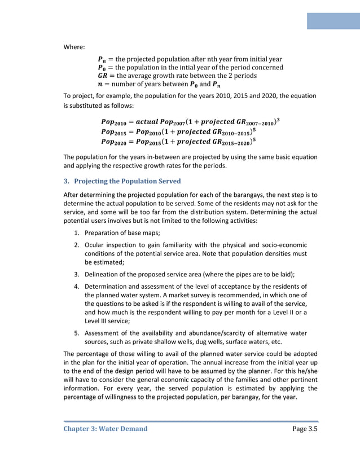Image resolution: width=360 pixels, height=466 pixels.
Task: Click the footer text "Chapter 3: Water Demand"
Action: click(105, 429)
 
